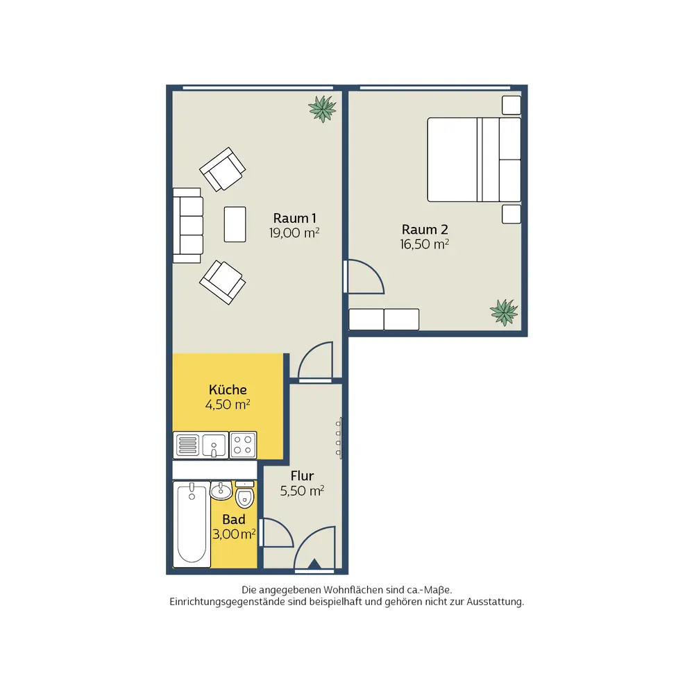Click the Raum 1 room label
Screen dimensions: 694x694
pos(294,218)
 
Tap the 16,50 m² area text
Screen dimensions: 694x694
pos(425,244)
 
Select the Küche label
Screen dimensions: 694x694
pos(228,390)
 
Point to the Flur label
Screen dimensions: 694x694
pos(302,476)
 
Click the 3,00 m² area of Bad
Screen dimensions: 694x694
pos(234,534)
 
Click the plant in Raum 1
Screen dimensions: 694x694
pos(322,108)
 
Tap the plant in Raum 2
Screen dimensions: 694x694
pos(504,312)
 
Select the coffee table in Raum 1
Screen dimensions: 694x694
pos(235,224)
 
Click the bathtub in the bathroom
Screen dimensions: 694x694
pos(192,524)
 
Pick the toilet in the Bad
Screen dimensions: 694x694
pos(245,495)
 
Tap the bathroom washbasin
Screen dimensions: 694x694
pos(221,491)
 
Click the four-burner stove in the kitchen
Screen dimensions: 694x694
pos(243,445)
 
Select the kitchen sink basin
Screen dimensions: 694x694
pos(214,445)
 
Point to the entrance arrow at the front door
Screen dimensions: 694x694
pos(314,564)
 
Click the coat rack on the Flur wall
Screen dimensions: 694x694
pos(339,438)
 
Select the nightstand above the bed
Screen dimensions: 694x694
pos(511,105)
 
